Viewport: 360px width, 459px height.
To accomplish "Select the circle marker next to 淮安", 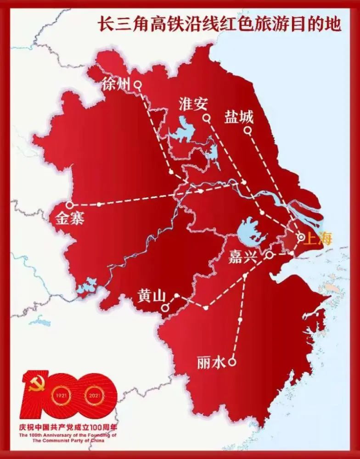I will tap(207, 118).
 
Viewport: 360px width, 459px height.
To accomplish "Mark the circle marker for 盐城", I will tap(247, 130).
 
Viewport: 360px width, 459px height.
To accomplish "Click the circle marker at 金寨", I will tap(69, 204).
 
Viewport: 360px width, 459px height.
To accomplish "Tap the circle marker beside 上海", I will tap(301, 237).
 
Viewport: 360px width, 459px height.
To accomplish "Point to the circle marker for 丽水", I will tap(232, 362).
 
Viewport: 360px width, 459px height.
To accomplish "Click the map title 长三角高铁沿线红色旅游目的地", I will tap(219, 24).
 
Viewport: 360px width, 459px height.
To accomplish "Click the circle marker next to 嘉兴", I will tap(270, 254).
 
